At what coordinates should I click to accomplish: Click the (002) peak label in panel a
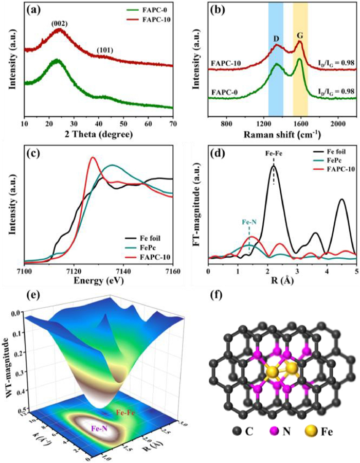coord(59,23)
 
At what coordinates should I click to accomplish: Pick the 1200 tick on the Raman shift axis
coord(264,123)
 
